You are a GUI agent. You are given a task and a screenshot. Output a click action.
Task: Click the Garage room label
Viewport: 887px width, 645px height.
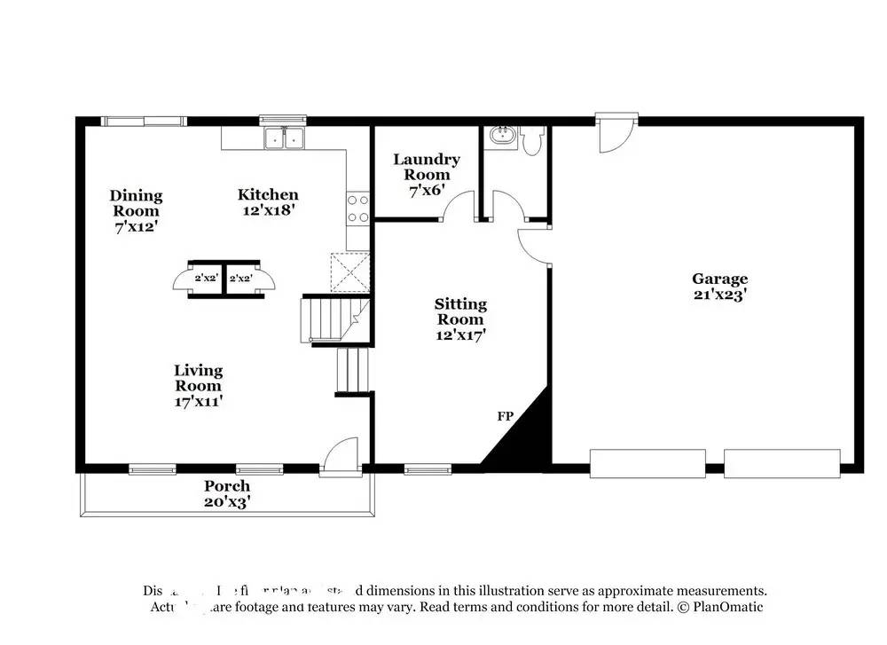(x=719, y=279)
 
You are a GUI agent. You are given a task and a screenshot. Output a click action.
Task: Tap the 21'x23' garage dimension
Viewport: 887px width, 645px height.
(x=719, y=295)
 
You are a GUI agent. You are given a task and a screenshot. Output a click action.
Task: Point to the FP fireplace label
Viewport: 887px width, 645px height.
(x=506, y=415)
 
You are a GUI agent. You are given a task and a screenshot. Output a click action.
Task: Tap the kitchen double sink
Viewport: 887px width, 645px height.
(x=284, y=138)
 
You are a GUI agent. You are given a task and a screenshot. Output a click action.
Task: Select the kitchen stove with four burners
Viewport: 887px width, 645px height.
(x=357, y=208)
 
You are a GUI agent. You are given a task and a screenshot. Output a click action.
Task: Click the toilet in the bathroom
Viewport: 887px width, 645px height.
(x=532, y=141)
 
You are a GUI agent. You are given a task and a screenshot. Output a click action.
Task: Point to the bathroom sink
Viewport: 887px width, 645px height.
(x=501, y=136)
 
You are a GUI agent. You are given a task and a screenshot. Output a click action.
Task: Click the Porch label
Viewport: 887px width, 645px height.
(x=227, y=486)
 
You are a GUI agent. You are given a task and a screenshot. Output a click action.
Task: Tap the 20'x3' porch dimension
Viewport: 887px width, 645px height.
(x=227, y=501)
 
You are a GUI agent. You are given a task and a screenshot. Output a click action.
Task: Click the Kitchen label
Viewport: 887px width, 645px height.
(x=268, y=194)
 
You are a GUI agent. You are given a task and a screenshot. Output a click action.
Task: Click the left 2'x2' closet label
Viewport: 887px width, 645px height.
(x=206, y=278)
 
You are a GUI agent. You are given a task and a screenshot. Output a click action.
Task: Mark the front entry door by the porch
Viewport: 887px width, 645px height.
(x=341, y=457)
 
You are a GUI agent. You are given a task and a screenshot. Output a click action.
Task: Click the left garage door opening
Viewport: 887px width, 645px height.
(x=648, y=463)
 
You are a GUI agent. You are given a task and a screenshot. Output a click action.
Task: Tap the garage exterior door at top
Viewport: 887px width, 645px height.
(x=616, y=132)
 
